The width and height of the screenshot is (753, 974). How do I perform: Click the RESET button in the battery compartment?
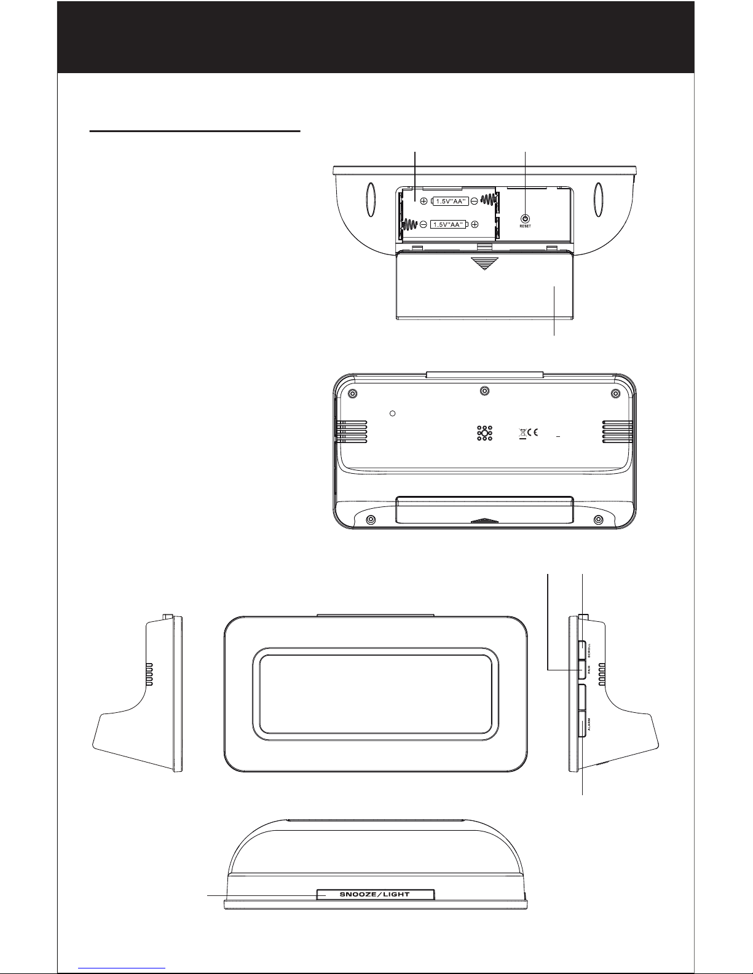(x=525, y=219)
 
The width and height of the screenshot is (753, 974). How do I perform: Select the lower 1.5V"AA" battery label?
(x=448, y=224)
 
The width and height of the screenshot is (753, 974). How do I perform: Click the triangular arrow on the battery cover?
(x=484, y=264)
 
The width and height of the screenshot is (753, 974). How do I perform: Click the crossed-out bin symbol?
(x=522, y=433)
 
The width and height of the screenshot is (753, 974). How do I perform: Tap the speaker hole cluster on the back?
(x=484, y=434)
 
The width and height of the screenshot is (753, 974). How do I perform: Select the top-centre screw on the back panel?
(x=484, y=391)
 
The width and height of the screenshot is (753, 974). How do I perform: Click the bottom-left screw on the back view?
(x=371, y=519)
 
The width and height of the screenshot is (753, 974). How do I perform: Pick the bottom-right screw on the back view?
(x=598, y=519)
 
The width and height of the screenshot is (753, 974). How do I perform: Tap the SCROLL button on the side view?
(x=582, y=650)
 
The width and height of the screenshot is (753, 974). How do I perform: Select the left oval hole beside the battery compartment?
(x=371, y=199)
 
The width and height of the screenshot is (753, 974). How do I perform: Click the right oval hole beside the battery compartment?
(x=598, y=199)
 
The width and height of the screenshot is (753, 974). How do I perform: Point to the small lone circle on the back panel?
(x=393, y=414)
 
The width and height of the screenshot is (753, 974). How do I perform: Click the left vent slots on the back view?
(x=352, y=432)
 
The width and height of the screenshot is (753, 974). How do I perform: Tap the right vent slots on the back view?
(x=617, y=432)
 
